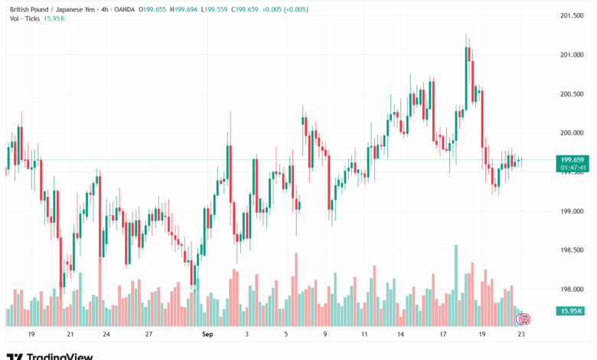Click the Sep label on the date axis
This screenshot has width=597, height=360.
(x=207, y=335)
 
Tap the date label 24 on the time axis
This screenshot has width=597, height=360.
(x=106, y=335)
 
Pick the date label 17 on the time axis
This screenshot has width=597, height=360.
(x=442, y=335)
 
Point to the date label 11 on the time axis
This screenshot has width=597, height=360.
(x=364, y=335)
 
